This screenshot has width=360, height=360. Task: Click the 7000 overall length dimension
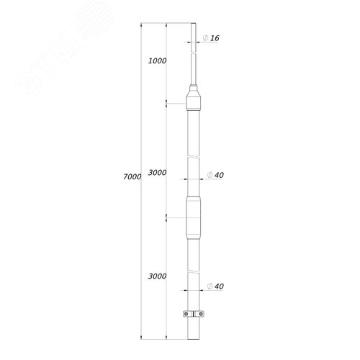pos(132,176)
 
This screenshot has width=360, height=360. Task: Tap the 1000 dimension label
pos(157,61)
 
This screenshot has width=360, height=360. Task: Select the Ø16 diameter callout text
pos(211,38)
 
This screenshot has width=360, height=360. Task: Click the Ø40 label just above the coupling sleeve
pos(215,175)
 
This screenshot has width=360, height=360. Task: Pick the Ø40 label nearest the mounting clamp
pos(215,287)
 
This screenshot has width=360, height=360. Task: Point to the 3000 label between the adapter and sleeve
pos(157,173)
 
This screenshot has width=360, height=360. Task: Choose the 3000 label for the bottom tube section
pos(157,276)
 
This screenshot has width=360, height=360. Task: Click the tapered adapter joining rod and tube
pos(194,98)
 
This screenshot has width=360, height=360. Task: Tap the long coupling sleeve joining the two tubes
pos(194,217)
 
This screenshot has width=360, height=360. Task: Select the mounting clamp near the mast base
pos(194,314)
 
